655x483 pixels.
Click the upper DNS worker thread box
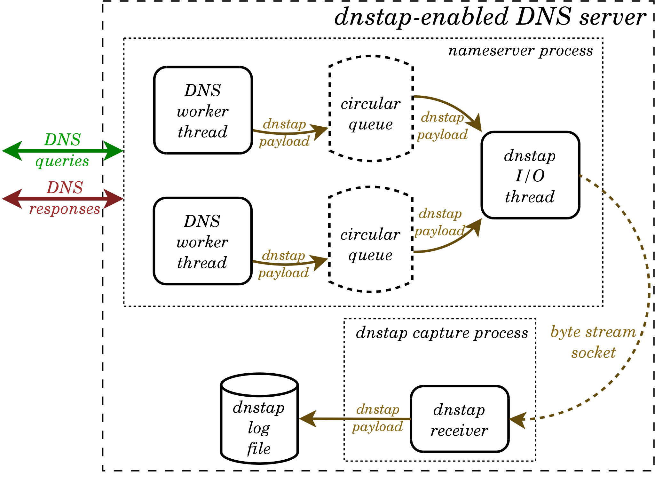coord(203,110)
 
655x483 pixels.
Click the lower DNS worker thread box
coord(202,241)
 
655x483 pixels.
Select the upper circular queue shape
coord(371,109)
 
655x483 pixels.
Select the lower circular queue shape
coord(370,240)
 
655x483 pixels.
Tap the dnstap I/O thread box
coord(530,175)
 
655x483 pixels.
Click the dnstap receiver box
coord(459,419)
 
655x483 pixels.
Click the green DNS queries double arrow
coord(62,151)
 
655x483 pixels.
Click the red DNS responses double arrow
coord(62,199)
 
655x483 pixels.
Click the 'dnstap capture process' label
coord(442,333)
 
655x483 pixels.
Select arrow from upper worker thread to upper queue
coord(288,132)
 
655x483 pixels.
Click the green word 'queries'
coord(62,161)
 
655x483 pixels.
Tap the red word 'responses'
coord(65,209)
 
